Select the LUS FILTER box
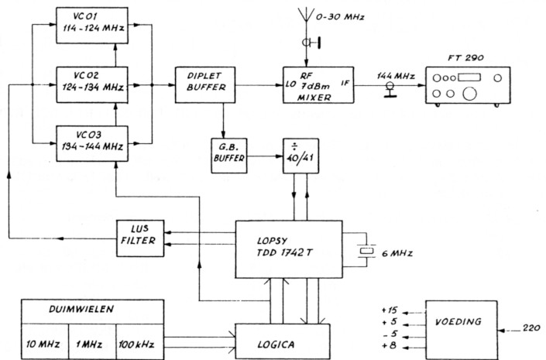click(140, 238)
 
